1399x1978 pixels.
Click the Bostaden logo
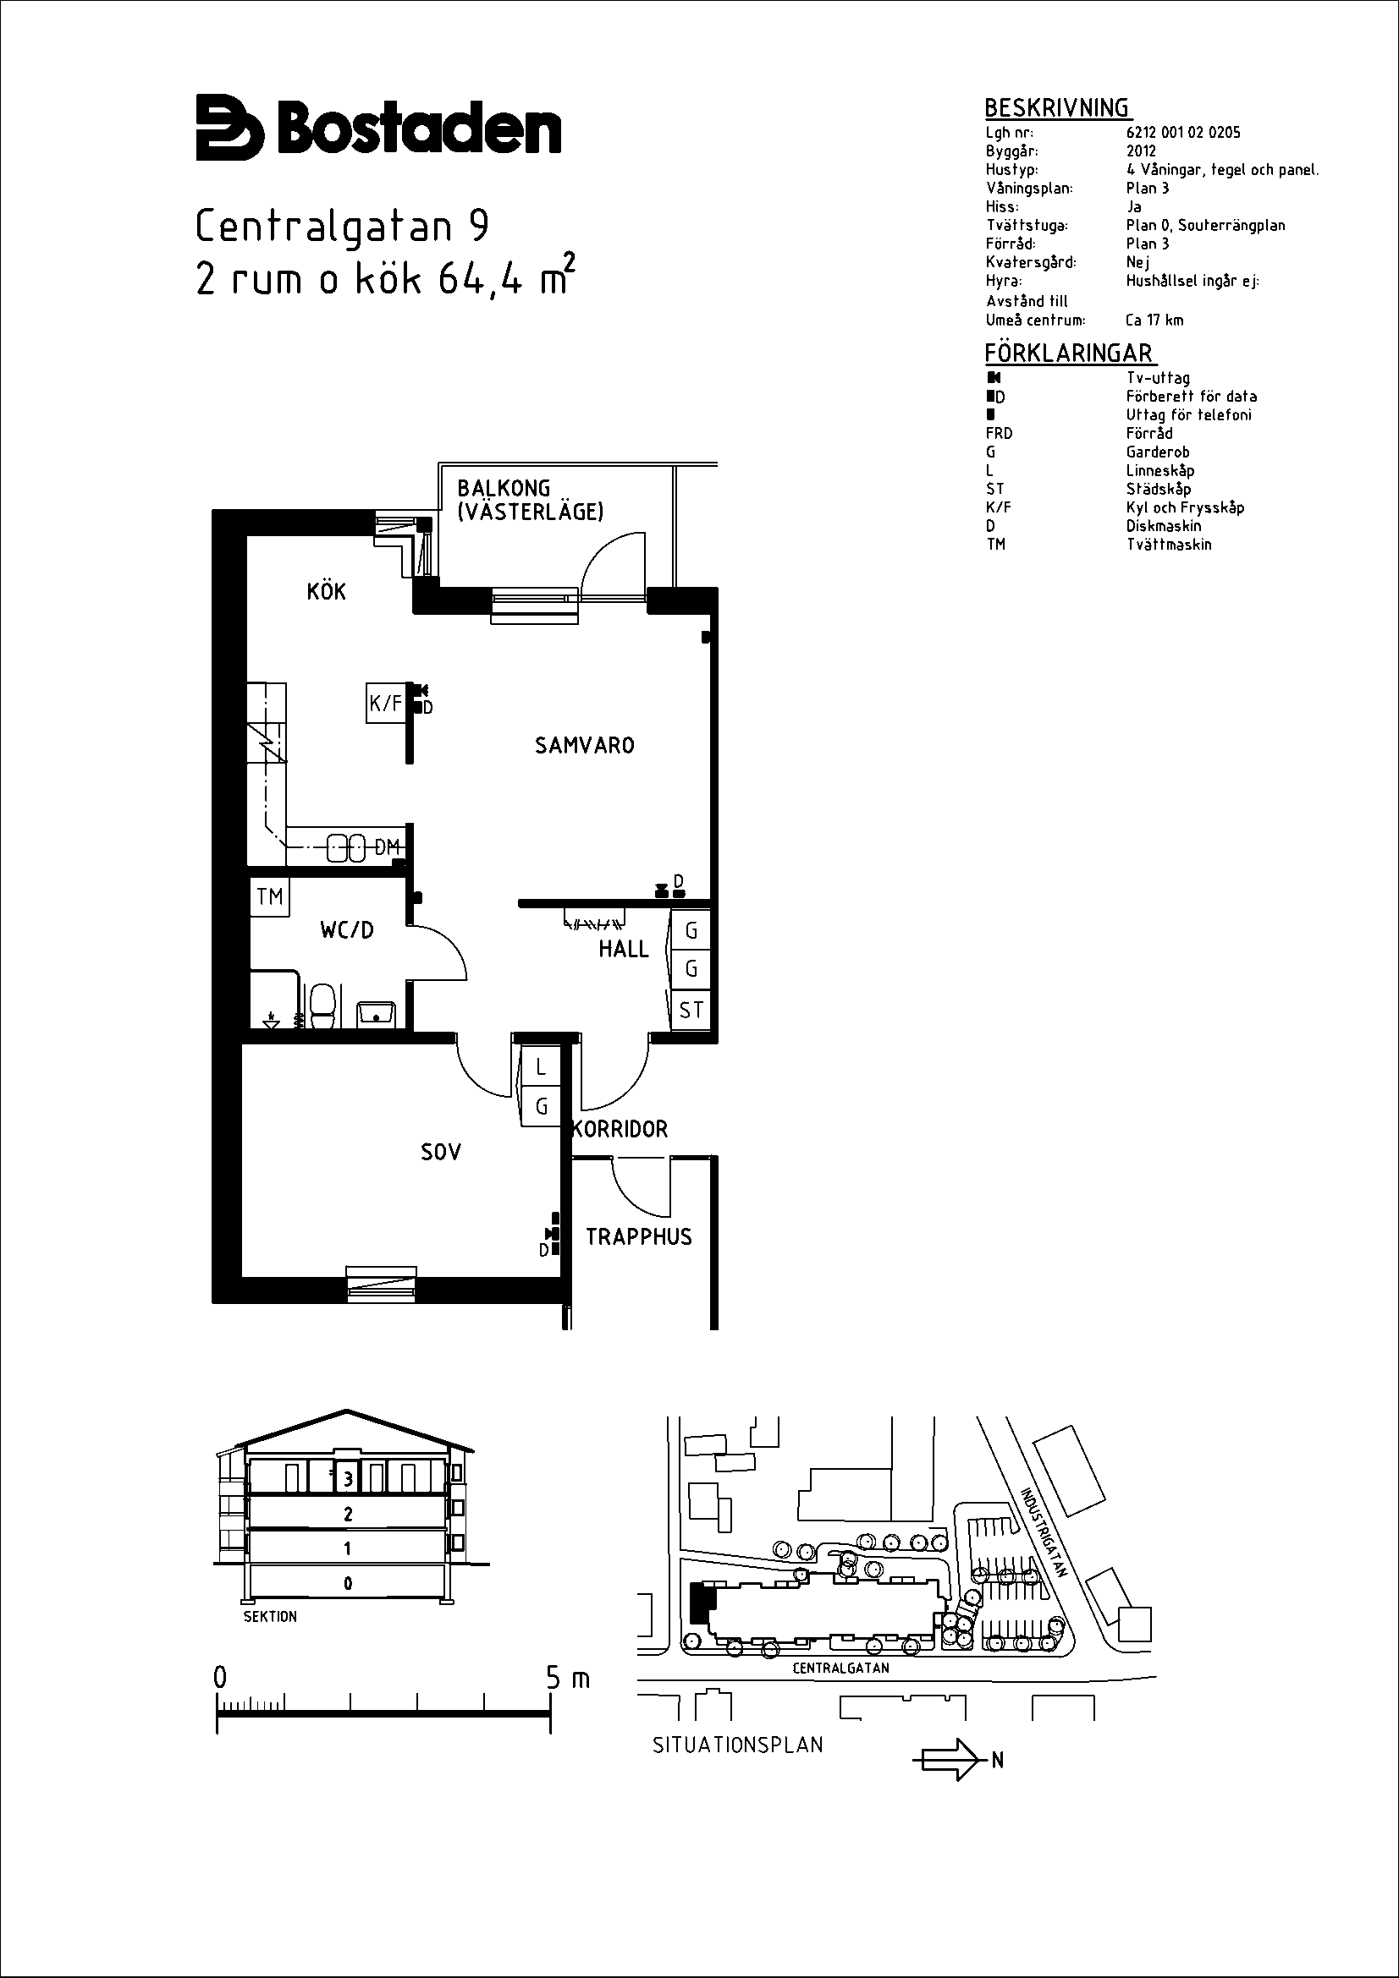(378, 128)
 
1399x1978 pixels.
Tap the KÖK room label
(327, 591)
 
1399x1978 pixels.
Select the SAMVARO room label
(585, 745)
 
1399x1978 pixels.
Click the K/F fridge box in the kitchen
(385, 703)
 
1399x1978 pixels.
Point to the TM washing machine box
(270, 896)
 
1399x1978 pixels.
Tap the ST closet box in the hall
(691, 1009)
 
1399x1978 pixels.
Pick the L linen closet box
(541, 1066)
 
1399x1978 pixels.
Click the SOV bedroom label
(440, 1152)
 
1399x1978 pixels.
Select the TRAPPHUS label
(639, 1237)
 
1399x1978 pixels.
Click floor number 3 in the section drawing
(348, 1479)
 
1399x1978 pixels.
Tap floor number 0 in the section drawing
(347, 1582)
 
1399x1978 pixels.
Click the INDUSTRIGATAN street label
(1044, 1532)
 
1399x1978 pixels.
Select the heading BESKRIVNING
(1057, 107)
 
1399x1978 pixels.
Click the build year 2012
(1141, 151)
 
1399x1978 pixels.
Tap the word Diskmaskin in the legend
(1164, 525)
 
